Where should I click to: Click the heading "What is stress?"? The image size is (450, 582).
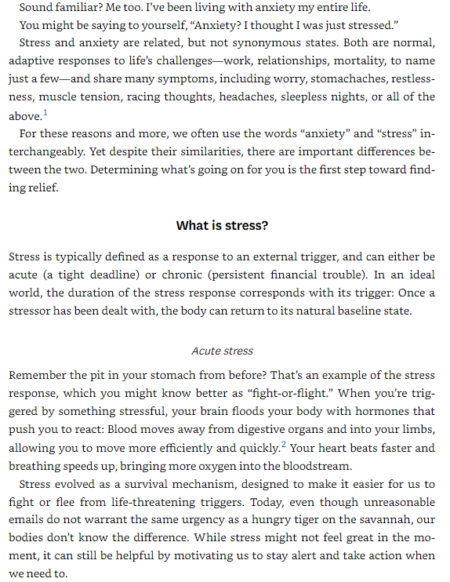click(x=223, y=226)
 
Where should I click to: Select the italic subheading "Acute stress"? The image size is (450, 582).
click(x=223, y=351)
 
